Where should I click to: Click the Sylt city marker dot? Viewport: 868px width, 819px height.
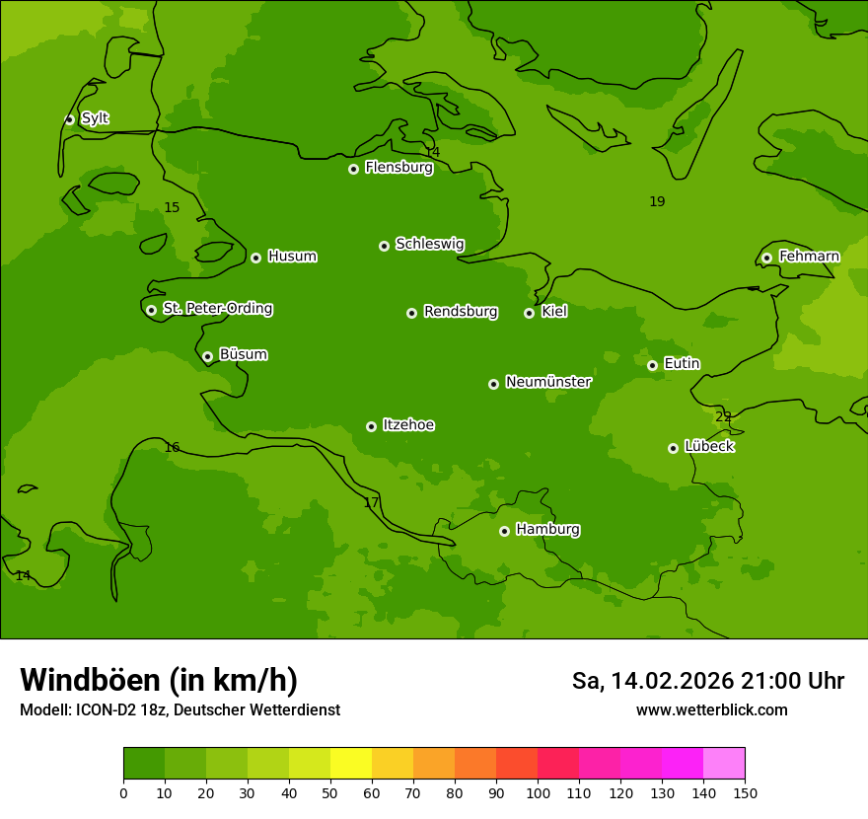pyautogui.click(x=69, y=119)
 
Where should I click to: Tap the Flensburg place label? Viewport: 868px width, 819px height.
pyautogui.click(x=398, y=168)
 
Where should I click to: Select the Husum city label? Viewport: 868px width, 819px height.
pyautogui.click(x=292, y=257)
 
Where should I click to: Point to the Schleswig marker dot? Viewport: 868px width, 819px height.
pyautogui.click(x=384, y=246)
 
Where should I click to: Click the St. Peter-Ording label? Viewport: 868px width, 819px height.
pyautogui.click(x=217, y=309)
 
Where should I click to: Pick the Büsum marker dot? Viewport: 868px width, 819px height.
pyautogui.click(x=207, y=356)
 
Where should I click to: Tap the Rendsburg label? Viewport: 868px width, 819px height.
pyautogui.click(x=461, y=312)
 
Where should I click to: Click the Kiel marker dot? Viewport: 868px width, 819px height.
pyautogui.click(x=529, y=313)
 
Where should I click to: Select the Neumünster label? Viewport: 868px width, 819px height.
pyautogui.click(x=548, y=382)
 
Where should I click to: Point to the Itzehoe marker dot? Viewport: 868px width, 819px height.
pyautogui.click(x=371, y=426)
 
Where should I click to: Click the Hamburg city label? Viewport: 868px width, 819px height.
pyautogui.click(x=547, y=530)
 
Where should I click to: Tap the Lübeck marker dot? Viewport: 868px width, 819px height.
pyautogui.click(x=673, y=448)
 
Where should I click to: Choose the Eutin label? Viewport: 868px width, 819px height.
pyautogui.click(x=682, y=364)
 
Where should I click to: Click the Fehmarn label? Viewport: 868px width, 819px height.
pyautogui.click(x=809, y=257)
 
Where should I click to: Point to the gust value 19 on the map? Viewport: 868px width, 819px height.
pyautogui.click(x=657, y=202)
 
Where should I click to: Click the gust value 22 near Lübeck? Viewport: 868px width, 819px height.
pyautogui.click(x=723, y=417)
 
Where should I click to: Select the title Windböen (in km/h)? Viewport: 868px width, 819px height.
pyautogui.click(x=159, y=680)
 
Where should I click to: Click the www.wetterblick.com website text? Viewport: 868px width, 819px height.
pyautogui.click(x=711, y=709)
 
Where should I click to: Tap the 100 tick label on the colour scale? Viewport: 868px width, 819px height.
pyautogui.click(x=538, y=792)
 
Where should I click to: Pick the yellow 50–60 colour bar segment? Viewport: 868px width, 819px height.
pyautogui.click(x=351, y=764)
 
